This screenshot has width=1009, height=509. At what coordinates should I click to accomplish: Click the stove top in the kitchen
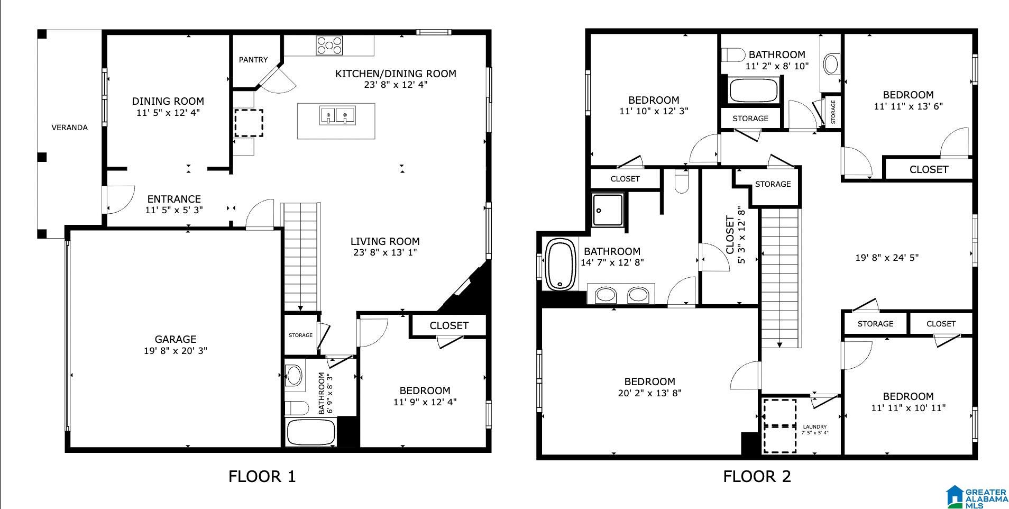click(x=329, y=45)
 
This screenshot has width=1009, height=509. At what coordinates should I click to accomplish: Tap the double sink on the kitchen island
click(x=337, y=114)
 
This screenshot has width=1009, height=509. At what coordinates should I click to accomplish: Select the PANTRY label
click(x=253, y=60)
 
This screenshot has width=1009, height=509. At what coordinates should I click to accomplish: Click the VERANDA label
click(x=69, y=128)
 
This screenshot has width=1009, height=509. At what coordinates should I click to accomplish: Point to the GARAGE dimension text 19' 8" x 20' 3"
click(x=176, y=350)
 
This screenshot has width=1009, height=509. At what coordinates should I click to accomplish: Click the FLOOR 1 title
click(x=262, y=476)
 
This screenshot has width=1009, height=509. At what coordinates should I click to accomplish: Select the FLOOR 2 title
click(x=757, y=476)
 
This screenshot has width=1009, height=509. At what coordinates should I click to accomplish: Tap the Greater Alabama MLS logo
click(x=977, y=497)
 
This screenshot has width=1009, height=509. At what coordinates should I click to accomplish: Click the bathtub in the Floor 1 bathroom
click(x=311, y=432)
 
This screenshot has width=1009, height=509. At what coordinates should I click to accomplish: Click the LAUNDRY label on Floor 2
click(x=814, y=427)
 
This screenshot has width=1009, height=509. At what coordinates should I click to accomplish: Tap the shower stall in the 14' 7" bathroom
click(x=608, y=210)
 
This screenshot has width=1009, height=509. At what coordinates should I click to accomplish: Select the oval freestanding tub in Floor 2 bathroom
click(x=561, y=265)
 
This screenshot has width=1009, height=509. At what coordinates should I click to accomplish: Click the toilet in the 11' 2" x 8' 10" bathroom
click(x=733, y=54)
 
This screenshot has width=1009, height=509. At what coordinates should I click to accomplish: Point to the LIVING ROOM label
click(x=385, y=241)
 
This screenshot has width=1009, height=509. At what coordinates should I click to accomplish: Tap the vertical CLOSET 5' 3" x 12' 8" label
click(x=736, y=235)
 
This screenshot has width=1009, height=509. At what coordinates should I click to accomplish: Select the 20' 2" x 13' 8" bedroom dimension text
click(x=649, y=393)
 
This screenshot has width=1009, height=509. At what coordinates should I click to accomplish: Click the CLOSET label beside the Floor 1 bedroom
click(x=449, y=325)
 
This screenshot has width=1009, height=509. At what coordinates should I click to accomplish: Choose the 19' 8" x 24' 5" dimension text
click(x=887, y=258)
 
